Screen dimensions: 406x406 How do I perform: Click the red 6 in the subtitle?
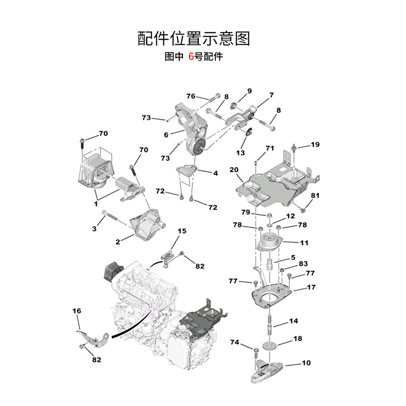click(191, 56)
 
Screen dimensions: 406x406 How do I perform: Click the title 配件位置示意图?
click(194, 38)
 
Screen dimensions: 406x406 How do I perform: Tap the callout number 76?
click(191, 96)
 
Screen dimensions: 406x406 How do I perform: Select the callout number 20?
click(234, 170)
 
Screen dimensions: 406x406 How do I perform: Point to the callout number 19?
click(315, 145)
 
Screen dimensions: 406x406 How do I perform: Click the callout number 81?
click(315, 195)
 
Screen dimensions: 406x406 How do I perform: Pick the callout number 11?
click(304, 243)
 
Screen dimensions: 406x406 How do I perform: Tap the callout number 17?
click(311, 287)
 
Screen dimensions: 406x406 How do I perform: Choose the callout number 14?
click(293, 321)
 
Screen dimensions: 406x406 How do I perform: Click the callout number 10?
click(306, 363)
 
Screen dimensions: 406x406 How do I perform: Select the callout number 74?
click(234, 342)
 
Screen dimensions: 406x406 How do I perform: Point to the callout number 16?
click(76, 311)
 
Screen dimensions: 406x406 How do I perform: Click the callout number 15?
click(182, 231)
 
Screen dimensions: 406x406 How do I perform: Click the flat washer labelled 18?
click(269, 344)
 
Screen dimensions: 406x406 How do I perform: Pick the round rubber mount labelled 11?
click(270, 242)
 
